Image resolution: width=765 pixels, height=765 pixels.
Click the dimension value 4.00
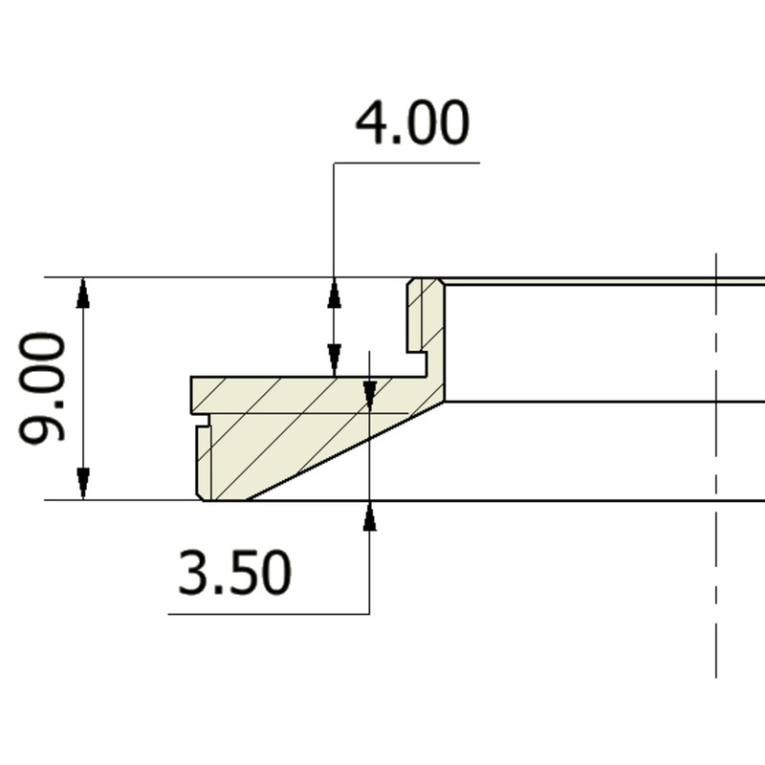tap(412, 124)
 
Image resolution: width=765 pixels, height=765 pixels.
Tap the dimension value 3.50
tap(234, 574)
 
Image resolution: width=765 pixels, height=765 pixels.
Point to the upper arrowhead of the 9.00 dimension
tap(83, 292)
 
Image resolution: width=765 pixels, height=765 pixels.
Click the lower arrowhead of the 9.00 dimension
tap(83, 485)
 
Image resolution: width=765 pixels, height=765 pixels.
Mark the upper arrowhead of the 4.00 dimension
tap(334, 293)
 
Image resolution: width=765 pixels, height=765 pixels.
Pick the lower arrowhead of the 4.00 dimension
tap(334, 361)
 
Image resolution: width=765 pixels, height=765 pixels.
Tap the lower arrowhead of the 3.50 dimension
tap(370, 515)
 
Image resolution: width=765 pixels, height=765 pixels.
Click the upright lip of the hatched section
tap(425, 316)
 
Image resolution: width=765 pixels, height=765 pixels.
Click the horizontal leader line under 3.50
tap(268, 614)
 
